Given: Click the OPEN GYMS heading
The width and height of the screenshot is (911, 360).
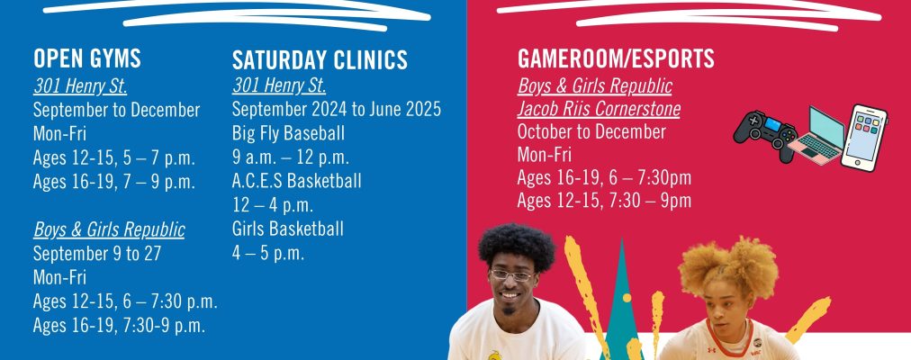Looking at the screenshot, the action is click(x=87, y=58).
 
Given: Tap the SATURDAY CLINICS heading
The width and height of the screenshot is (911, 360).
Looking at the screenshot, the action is click(x=320, y=60).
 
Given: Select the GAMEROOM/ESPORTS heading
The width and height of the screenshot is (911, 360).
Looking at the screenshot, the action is click(x=616, y=58).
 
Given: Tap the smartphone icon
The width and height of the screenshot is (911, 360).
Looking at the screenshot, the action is click(x=864, y=139).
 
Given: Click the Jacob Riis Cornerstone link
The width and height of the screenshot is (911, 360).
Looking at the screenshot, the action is click(x=599, y=109).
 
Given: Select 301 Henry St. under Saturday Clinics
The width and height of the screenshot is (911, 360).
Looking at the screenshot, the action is click(x=279, y=85).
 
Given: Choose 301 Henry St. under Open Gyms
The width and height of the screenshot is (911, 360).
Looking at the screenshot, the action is click(x=80, y=85).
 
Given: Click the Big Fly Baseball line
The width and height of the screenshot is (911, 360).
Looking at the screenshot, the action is click(x=288, y=133).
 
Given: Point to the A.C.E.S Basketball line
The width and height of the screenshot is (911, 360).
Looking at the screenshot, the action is click(x=296, y=181).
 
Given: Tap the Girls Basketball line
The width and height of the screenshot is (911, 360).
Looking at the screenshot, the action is click(x=287, y=229).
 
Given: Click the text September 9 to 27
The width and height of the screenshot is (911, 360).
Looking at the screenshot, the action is click(x=97, y=254).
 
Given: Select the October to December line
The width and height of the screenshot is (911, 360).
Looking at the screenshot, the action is click(x=591, y=131).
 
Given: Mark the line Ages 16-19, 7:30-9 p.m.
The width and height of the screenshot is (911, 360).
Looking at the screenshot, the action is click(x=119, y=325).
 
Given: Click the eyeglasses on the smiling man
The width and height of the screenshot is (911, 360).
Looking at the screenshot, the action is click(x=511, y=274).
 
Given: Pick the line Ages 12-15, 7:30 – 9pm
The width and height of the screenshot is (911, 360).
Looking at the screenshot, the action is click(x=604, y=201).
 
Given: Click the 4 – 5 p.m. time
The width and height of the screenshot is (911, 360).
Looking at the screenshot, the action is click(x=268, y=253).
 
